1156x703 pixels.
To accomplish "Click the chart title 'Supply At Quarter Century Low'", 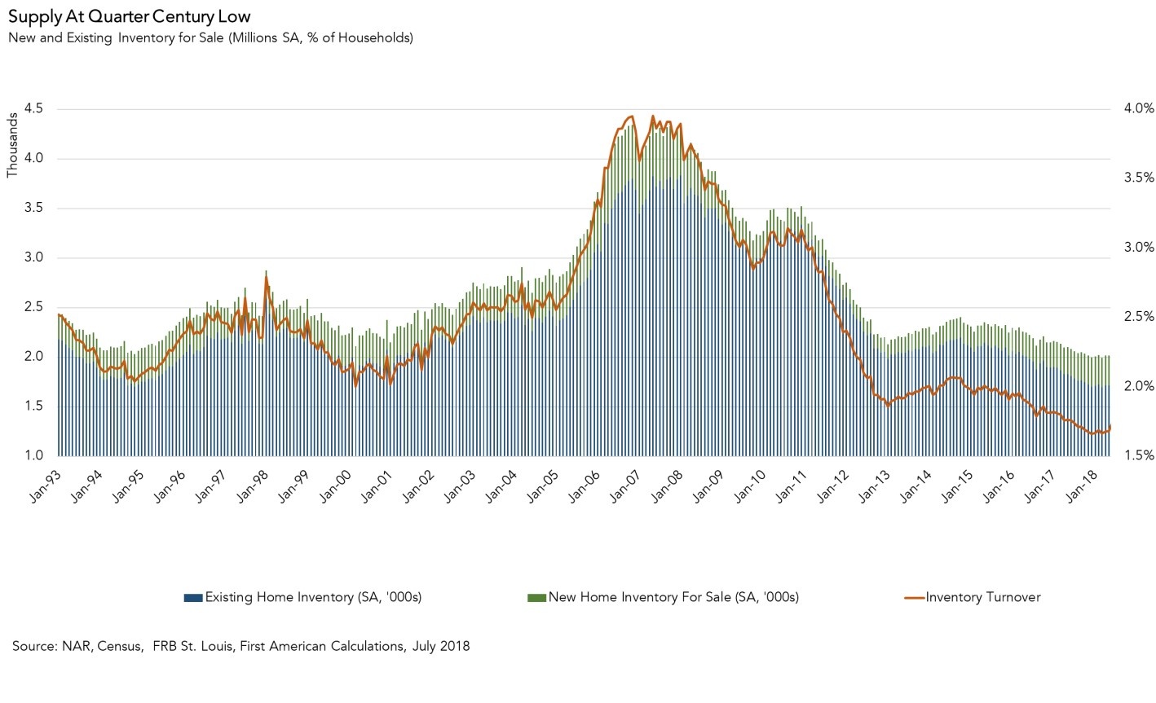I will coord(129,15).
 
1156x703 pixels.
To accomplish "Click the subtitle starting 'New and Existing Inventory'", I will coord(210,37).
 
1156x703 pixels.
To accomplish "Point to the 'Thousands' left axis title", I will coord(11,144).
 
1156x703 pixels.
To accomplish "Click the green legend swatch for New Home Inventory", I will coord(536,598).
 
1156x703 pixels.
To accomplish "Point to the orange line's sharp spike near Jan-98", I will coord(266,278).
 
